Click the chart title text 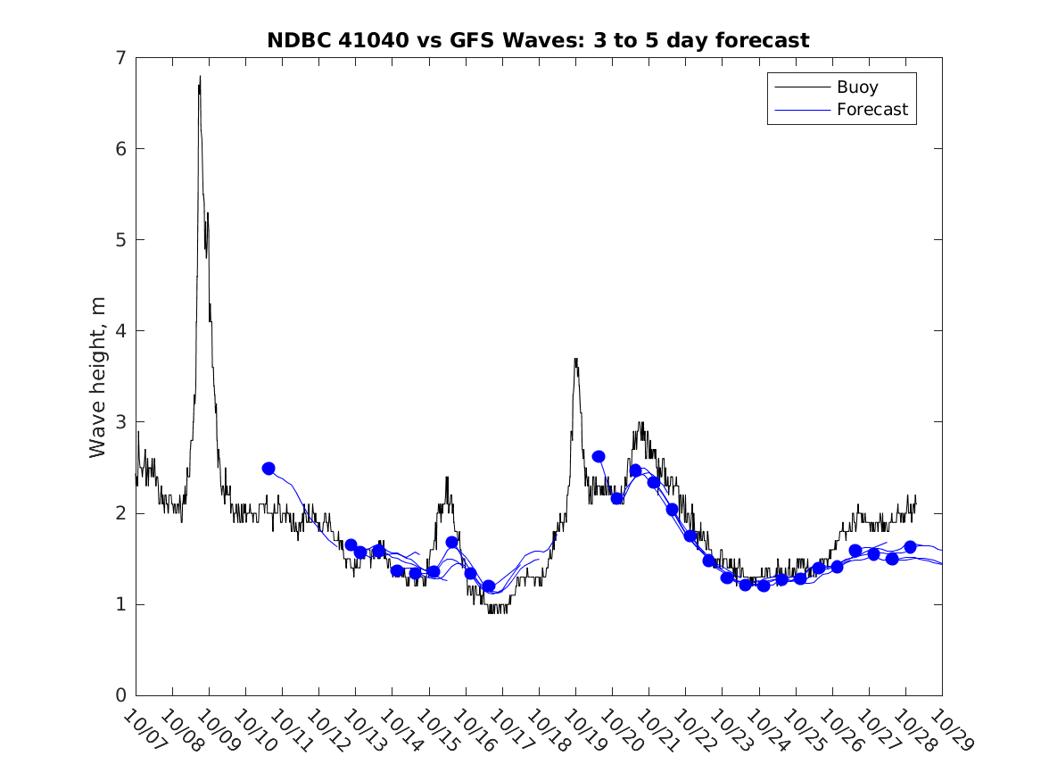pyautogui.click(x=538, y=40)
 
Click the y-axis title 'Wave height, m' pyautogui.click(x=98, y=376)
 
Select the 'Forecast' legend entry pyautogui.click(x=872, y=110)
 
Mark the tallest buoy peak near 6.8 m pyautogui.click(x=200, y=78)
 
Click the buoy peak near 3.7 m pyautogui.click(x=576, y=360)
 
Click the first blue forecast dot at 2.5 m pyautogui.click(x=269, y=469)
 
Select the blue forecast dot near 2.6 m pyautogui.click(x=599, y=457)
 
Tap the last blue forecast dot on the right pyautogui.click(x=910, y=547)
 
